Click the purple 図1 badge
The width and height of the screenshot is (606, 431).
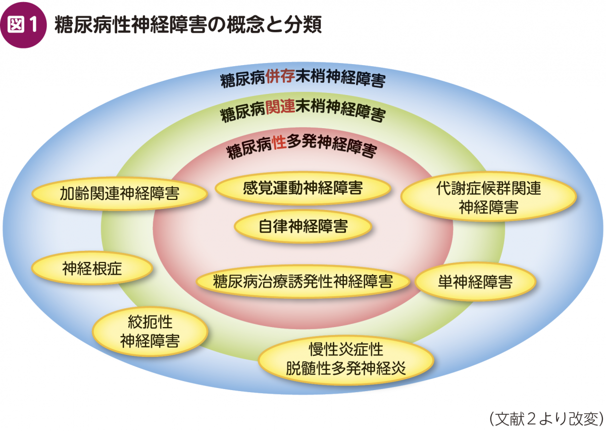pos(24,25)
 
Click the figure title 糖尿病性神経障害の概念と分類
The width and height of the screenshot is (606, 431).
pos(188,25)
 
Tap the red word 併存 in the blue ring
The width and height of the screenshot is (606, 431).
pos(280,77)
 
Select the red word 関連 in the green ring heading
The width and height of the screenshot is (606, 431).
pos(280,107)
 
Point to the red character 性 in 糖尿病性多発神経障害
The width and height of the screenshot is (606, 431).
pos(279,142)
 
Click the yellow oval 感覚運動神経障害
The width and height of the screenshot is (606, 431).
pos(302,188)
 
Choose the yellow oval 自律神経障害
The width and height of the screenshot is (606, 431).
pos(302,227)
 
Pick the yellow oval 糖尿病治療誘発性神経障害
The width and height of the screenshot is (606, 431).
pos(302,282)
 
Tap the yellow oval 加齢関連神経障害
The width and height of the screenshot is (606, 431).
pos(120,194)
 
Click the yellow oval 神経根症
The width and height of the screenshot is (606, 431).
pos(92,268)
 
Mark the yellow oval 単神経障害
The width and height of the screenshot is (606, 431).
pos(475,282)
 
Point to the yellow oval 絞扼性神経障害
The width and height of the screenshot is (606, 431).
pos(150,331)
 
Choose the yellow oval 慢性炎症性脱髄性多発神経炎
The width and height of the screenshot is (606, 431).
pos(346,359)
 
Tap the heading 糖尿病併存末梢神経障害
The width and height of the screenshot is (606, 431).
pos(303,78)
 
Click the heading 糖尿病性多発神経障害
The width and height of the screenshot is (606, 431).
pos(302,146)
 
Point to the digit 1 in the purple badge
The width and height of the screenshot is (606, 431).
pos(33,25)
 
